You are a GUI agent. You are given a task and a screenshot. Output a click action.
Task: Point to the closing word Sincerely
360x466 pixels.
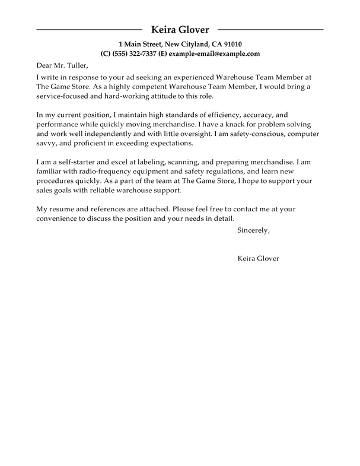(253, 230)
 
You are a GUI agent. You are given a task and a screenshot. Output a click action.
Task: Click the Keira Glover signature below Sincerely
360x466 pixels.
(257, 259)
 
